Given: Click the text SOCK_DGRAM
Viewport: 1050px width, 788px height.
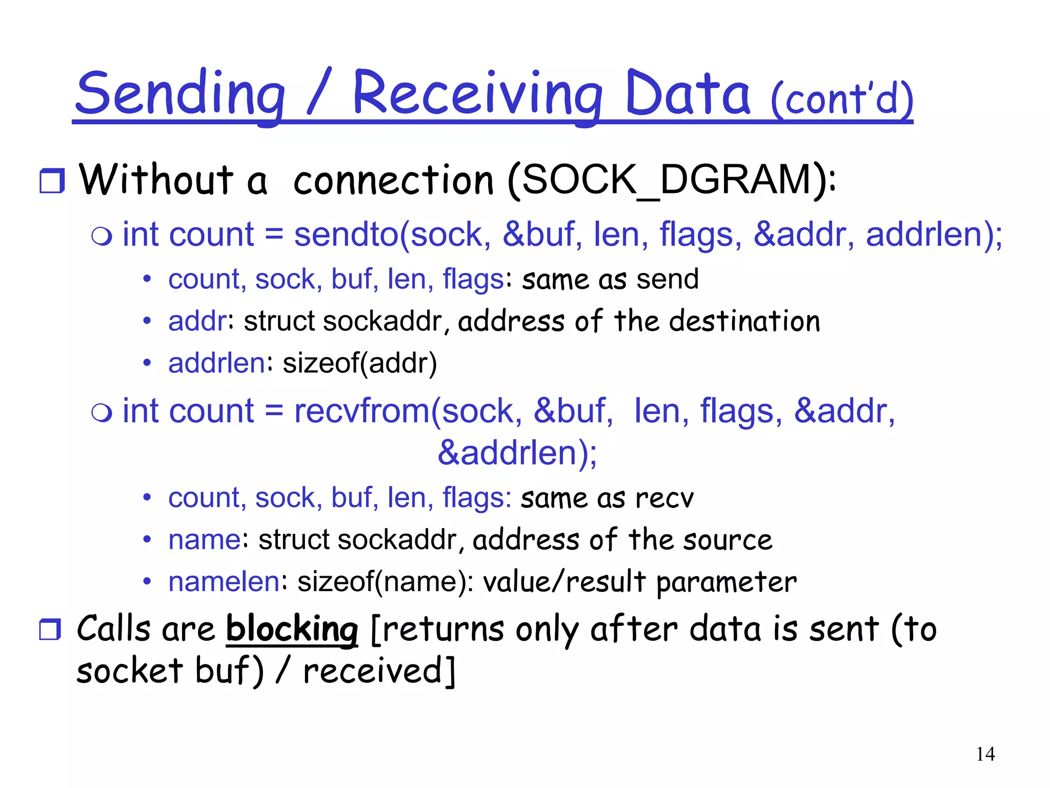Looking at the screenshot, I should tap(667, 181).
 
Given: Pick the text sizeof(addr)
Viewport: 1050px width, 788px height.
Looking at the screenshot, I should tap(360, 363).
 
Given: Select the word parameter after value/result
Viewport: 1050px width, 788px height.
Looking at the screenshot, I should tap(726, 583).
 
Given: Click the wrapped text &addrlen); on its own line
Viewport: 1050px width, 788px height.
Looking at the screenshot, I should tap(517, 453).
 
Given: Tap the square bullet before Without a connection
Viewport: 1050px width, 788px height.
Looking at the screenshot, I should tap(52, 181).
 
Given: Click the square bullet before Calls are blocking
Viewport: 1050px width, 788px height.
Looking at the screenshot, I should tap(50, 629).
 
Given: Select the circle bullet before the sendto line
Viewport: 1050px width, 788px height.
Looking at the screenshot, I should tap(102, 237).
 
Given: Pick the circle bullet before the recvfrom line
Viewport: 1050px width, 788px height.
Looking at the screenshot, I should tap(102, 413).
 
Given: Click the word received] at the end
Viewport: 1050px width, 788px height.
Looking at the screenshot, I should tap(379, 671).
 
